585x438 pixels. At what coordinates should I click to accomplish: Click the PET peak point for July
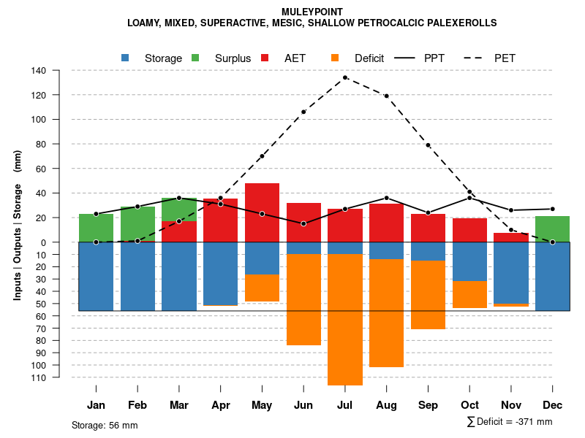[x=345, y=77]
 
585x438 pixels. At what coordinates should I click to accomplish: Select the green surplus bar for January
[x=96, y=228]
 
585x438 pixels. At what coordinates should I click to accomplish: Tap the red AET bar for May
[x=262, y=212]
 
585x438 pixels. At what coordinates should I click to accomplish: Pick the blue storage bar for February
[x=137, y=276]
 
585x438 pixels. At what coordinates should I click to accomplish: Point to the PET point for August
[x=386, y=96]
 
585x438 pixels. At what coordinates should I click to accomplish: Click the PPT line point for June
[x=303, y=223]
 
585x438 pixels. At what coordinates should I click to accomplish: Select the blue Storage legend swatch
[x=126, y=58]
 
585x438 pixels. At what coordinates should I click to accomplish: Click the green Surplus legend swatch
[x=195, y=58]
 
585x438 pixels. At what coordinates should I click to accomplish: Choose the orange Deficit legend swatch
[x=335, y=58]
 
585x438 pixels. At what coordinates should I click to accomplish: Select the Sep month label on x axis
[x=428, y=405]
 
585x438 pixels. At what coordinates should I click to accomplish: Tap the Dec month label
[x=552, y=405]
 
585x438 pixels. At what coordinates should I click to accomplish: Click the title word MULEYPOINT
[x=312, y=12]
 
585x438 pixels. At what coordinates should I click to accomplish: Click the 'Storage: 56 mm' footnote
[x=105, y=425]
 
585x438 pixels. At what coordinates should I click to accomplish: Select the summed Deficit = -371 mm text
[x=510, y=422]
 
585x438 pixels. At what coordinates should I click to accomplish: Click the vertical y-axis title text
[x=18, y=225]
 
